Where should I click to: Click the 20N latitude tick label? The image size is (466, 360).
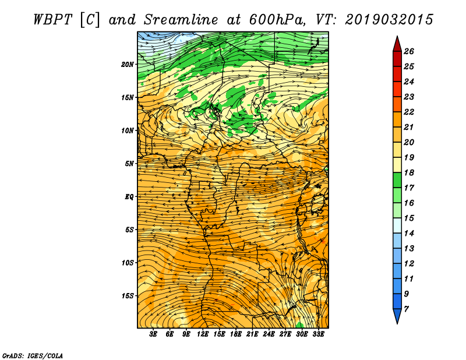tap(127, 64)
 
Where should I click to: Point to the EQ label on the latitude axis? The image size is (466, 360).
tap(129, 197)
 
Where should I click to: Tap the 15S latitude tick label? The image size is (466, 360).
tap(127, 296)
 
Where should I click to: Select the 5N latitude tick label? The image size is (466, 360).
tap(129, 164)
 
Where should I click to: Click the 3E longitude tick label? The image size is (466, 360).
tap(153, 334)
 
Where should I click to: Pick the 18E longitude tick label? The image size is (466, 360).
tap(235, 334)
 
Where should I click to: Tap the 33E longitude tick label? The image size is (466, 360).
tap(318, 334)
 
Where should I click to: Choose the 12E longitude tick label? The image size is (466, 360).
tap(202, 334)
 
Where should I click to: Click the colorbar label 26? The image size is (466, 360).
tap(409, 51)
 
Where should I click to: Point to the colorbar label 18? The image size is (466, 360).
tap(409, 172)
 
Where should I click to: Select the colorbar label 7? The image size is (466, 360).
tap(406, 309)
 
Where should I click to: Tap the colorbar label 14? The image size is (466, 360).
tap(409, 234)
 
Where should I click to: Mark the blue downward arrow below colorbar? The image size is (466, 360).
tap(397, 316)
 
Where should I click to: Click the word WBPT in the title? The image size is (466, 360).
tap(53, 20)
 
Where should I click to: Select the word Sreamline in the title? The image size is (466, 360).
tap(181, 20)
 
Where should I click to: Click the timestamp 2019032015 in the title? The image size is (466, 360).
tap(389, 20)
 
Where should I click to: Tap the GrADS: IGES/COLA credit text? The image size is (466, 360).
tap(33, 356)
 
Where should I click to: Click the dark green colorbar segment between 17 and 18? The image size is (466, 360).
tap(397, 180)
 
